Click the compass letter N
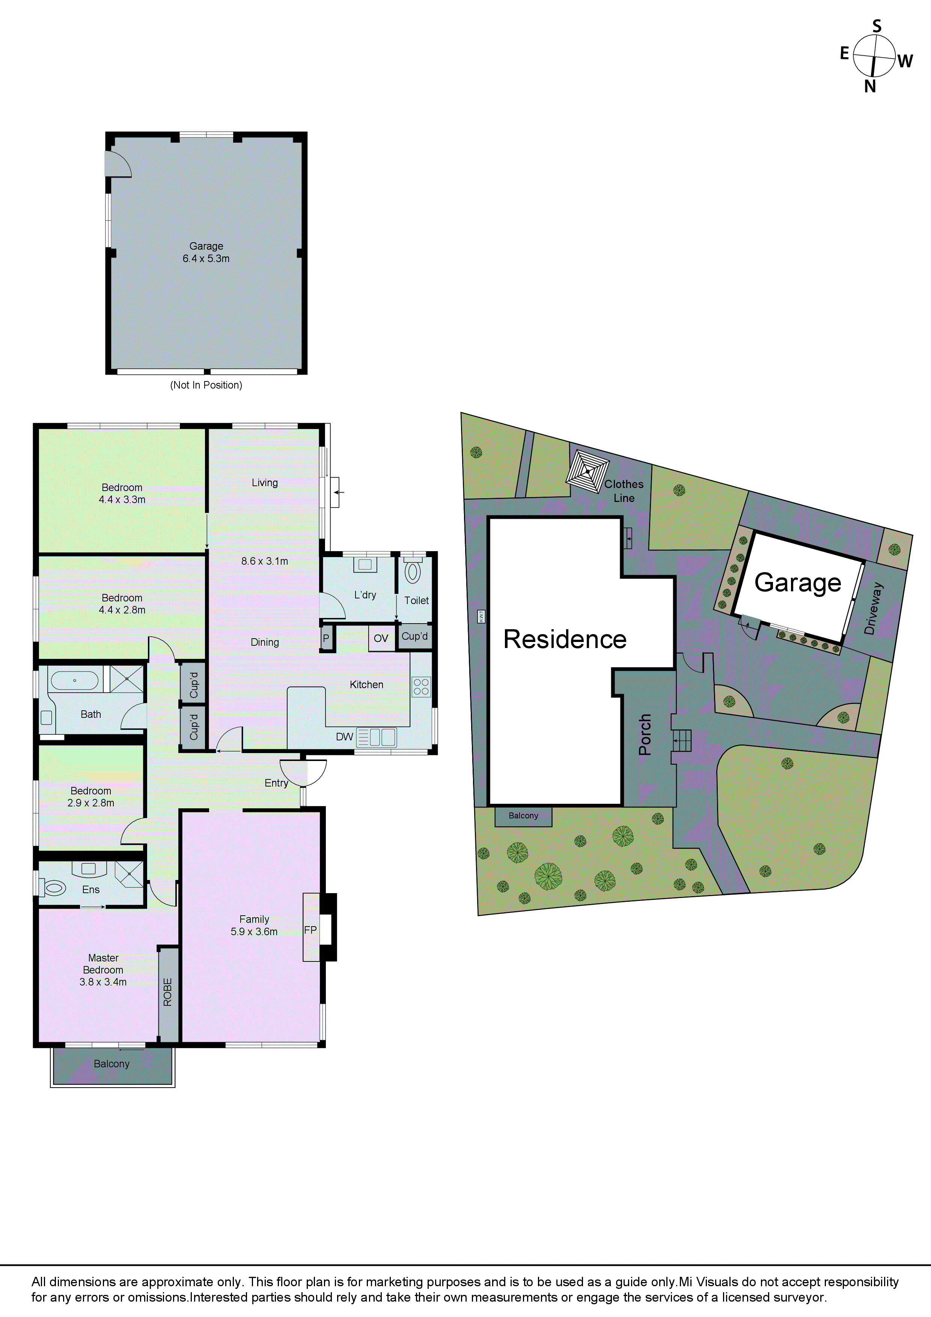tap(870, 87)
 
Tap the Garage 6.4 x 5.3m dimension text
tap(206, 259)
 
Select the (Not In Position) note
tap(206, 385)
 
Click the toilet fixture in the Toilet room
tap(413, 573)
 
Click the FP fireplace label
tap(310, 930)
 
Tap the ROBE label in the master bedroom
tap(167, 992)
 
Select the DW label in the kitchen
tap(344, 737)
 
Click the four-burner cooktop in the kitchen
tap(421, 687)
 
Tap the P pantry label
tap(326, 638)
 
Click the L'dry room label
tap(365, 595)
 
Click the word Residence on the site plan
tap(565, 639)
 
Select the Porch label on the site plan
tap(645, 734)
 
